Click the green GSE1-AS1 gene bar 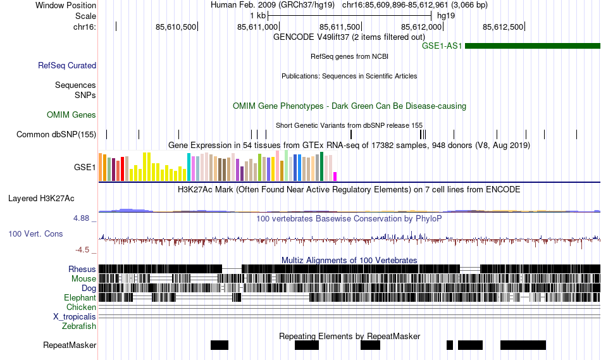coord(531,46)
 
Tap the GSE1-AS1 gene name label coord(442,46)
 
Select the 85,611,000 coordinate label coord(258,27)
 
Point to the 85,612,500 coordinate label coord(503,27)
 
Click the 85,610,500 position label coord(177,27)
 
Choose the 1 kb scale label coord(257,15)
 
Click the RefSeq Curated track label coord(67,65)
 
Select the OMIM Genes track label coord(71,115)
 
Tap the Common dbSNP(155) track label coord(56,134)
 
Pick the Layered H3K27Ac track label coord(41,198)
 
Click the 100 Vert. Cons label coord(35,233)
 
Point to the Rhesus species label coord(82,269)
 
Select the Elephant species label coord(80,297)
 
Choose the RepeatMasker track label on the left coord(70,345)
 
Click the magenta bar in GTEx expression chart coord(335,176)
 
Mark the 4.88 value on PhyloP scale coord(83,218)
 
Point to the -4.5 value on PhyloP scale coord(84,249)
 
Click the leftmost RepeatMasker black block coord(220,345)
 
